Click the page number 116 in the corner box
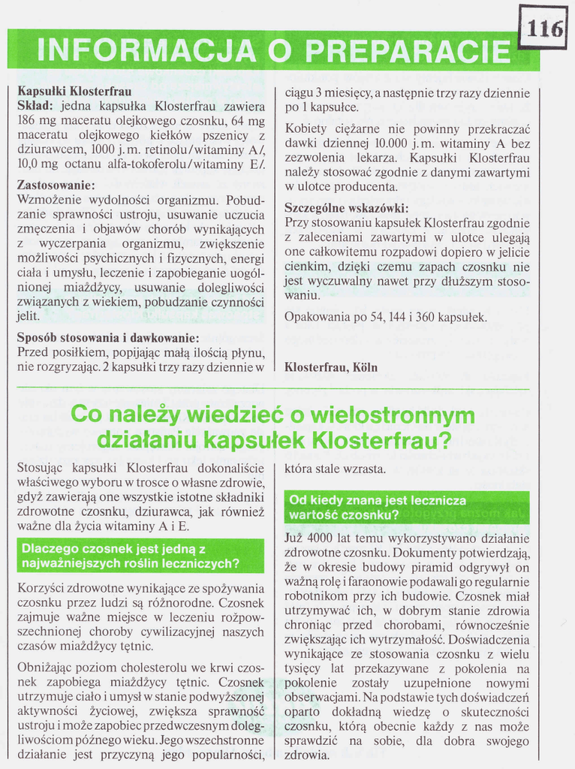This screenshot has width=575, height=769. point(545,28)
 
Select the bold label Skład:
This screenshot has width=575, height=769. point(35,106)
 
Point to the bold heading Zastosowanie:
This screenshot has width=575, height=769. point(56,185)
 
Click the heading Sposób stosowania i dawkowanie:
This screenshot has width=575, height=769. point(108,337)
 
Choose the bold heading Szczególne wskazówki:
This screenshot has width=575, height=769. point(346,208)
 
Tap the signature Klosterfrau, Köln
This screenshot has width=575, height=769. point(331,367)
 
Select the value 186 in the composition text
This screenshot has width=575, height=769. point(27,120)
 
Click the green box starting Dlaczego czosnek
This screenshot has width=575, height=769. point(140,556)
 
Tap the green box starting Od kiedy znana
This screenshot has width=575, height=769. point(407,508)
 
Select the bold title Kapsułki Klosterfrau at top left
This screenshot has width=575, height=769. point(74,92)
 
